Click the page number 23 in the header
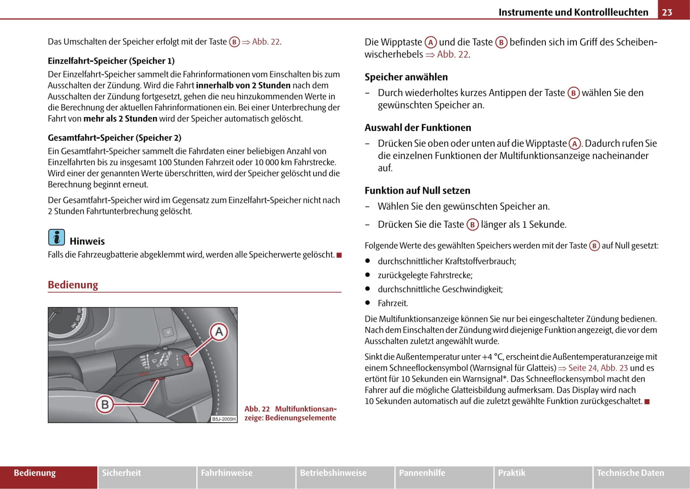[x=667, y=12]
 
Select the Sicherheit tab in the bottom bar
[x=121, y=473]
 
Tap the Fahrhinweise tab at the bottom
[x=226, y=473]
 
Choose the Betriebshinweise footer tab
[x=333, y=473]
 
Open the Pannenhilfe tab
[x=422, y=473]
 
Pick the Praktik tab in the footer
[x=511, y=473]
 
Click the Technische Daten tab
[x=630, y=473]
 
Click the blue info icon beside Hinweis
[x=56, y=237]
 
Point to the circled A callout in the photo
[x=219, y=332]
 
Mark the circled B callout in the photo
[x=105, y=405]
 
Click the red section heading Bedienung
[x=73, y=285]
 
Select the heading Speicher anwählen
[x=406, y=77]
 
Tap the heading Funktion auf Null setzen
[x=417, y=191]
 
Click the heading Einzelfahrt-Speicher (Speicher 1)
[x=111, y=61]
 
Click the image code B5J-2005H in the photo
[x=223, y=419]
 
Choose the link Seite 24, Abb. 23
[x=598, y=368]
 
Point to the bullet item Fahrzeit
[x=393, y=303]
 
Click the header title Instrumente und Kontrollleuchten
[x=573, y=12]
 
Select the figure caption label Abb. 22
[x=257, y=409]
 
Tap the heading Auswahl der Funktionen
[x=418, y=128]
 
